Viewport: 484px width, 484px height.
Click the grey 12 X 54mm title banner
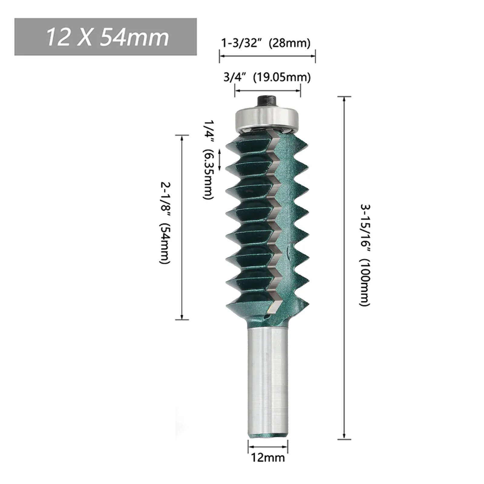[x=106, y=37]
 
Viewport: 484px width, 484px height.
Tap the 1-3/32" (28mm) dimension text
[x=266, y=43]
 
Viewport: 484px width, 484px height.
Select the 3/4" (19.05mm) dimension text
[x=267, y=78]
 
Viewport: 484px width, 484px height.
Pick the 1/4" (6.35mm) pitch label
[x=208, y=159]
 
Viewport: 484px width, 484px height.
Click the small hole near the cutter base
[x=266, y=316]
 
